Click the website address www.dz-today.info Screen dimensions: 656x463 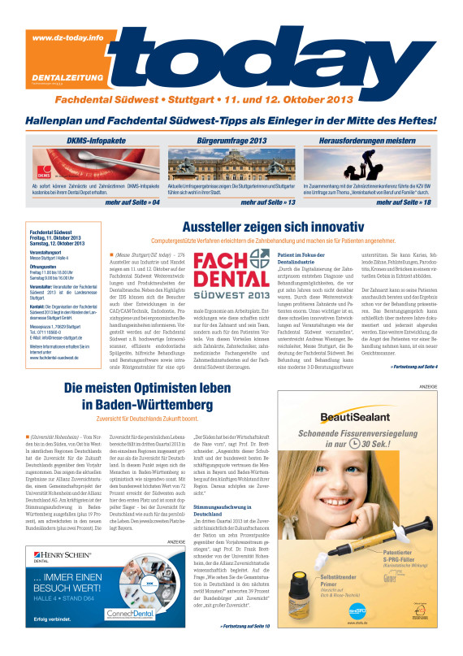click(x=68, y=38)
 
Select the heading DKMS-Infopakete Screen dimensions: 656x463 click(x=90, y=141)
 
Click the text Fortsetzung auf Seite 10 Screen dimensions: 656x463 click(x=244, y=627)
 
